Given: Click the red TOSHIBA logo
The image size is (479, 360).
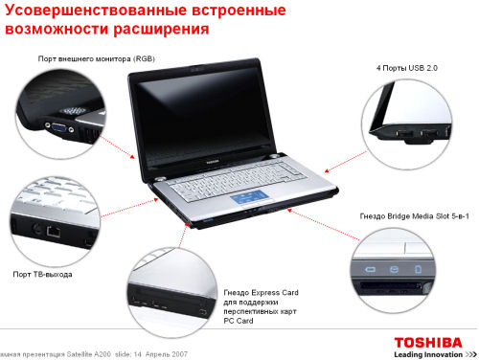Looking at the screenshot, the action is coord(428,343).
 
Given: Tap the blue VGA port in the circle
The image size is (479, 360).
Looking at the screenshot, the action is coord(59,127).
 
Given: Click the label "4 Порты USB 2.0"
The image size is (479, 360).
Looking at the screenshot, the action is coord(407,68).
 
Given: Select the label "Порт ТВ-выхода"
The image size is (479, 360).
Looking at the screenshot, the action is coord(42,274).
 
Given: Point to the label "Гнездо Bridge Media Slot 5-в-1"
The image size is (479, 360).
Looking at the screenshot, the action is coord(414,216).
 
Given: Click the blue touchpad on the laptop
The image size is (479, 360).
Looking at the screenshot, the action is coord(250,197).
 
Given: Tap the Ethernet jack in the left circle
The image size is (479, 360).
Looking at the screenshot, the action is coord(54,231).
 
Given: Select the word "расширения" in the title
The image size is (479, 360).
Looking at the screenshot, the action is coord(161,30).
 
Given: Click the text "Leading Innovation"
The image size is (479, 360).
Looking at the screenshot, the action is coord(428,354).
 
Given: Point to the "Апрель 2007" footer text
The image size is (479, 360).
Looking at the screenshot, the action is coord(167,354).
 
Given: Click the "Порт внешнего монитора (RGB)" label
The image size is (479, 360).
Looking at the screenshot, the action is coord(97,58).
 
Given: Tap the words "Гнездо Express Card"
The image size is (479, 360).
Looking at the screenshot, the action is coord(261,292).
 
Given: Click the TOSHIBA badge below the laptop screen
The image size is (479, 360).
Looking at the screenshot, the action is coord(212,162).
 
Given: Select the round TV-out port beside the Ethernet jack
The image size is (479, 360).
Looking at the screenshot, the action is coord(36,229).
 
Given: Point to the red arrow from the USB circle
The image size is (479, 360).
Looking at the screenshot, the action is coord(346,162).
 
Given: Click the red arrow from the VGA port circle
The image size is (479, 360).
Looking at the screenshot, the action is coord(117,146).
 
